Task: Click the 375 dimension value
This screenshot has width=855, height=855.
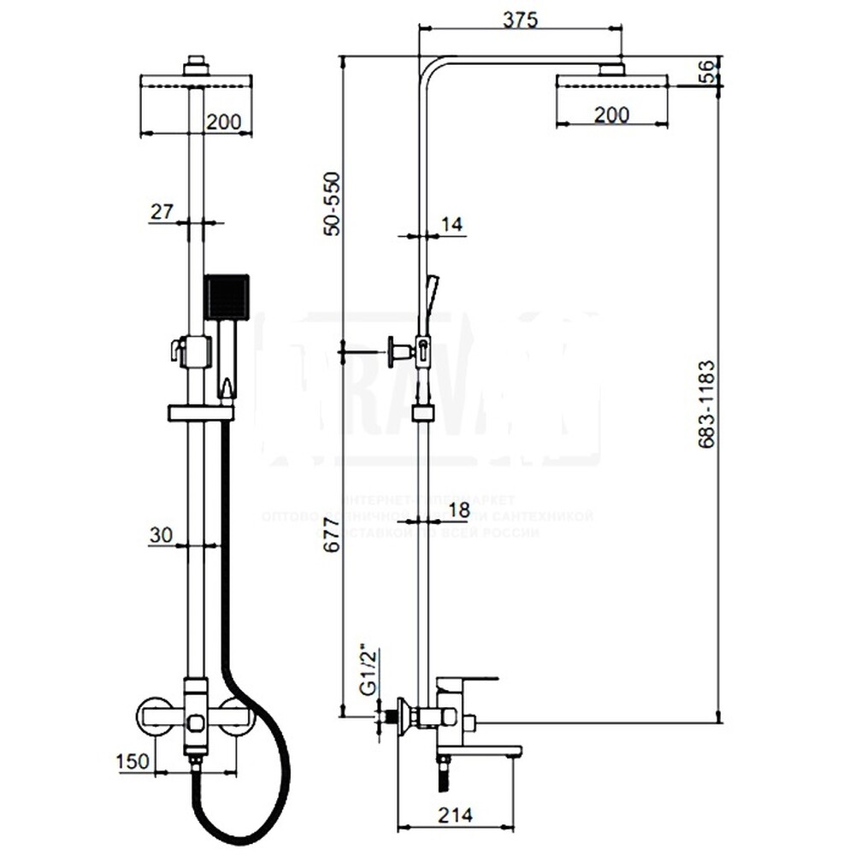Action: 520,21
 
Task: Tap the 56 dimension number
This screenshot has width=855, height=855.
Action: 706,72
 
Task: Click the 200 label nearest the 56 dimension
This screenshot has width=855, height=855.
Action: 611,114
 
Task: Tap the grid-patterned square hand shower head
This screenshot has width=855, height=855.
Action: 227,296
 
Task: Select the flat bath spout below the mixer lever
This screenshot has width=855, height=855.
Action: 479,752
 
